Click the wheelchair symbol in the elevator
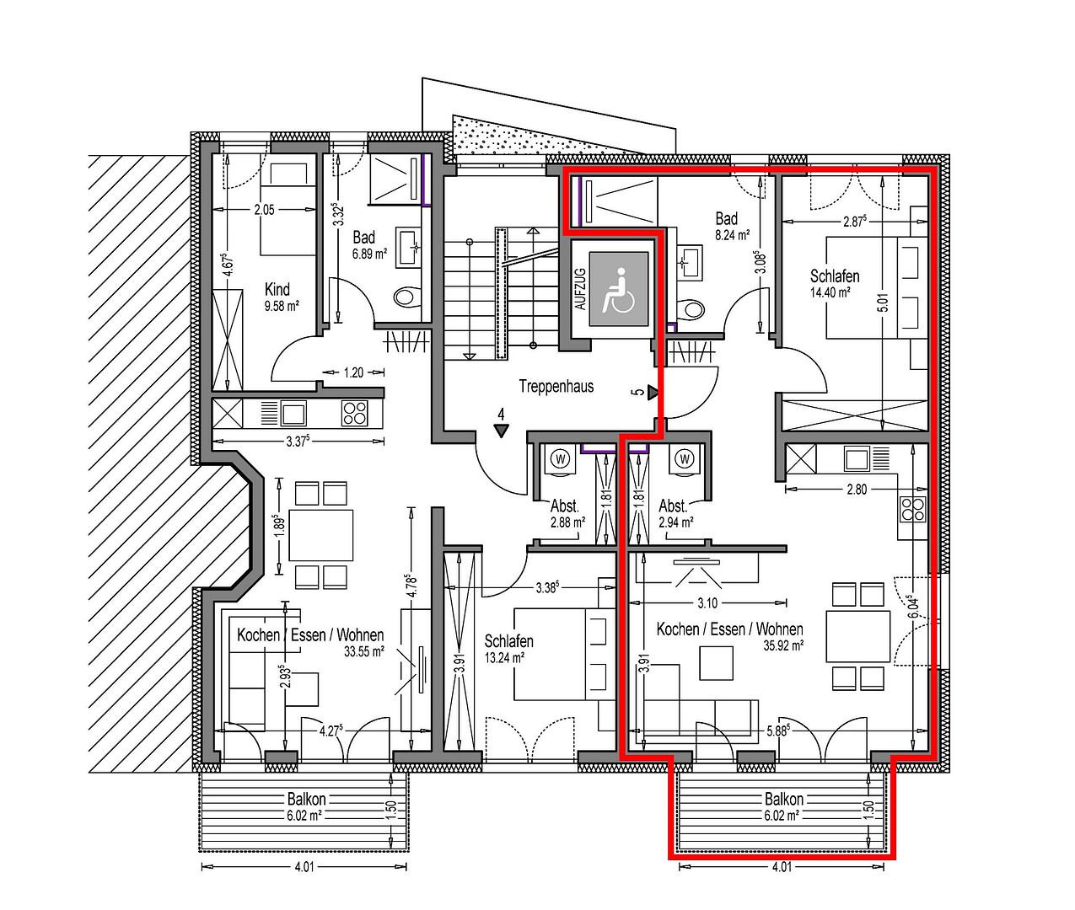pos(618,291)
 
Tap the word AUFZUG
pos(580,289)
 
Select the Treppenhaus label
pos(556,386)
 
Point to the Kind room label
pos(277,289)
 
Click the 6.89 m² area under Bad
pos(370,254)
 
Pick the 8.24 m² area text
pos(733,235)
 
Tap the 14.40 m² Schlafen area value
pos(830,292)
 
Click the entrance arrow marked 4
pos(502,431)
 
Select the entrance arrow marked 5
pos(653,393)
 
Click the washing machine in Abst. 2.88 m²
pos(561,459)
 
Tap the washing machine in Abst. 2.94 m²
pos(685,459)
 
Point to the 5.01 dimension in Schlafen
pos(883,302)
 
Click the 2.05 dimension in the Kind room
pos(264,210)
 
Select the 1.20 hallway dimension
pos(353,372)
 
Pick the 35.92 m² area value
pos(784,646)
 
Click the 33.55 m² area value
pos(364,651)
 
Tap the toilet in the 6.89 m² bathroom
pos(406,297)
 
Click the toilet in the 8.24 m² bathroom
pos(692,310)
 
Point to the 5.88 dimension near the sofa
pos(778,731)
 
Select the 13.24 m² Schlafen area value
pos(504,658)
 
